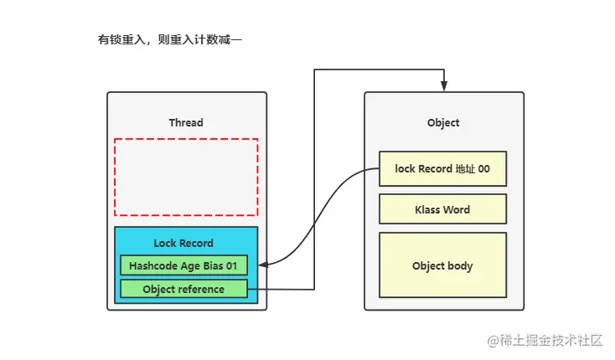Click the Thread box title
(185, 122)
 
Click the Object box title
(443, 122)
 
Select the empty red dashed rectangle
(186, 177)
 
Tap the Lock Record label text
(183, 243)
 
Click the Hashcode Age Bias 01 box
(183, 265)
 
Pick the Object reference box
(183, 289)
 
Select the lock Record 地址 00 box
(442, 169)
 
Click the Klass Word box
(442, 209)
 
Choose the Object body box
(442, 266)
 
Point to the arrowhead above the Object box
(444, 86)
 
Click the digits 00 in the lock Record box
(483, 169)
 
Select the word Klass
(428, 209)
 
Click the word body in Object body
(461, 266)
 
